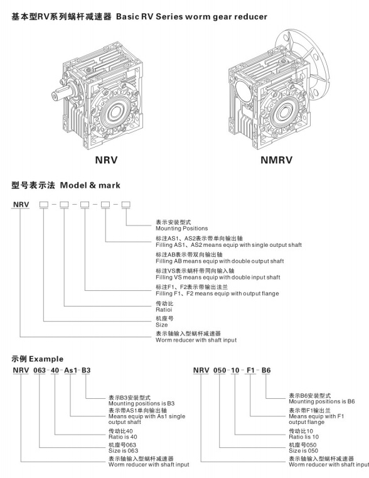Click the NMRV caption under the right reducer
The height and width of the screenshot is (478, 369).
tap(277, 160)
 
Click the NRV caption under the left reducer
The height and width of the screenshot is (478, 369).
tap(106, 160)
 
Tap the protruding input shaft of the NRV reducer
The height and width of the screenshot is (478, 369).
tap(62, 92)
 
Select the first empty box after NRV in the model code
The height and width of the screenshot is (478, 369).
tap(44, 205)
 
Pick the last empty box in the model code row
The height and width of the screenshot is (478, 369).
tap(126, 205)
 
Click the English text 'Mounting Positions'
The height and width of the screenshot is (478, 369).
tap(182, 229)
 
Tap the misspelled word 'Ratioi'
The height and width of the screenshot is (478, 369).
tap(164, 310)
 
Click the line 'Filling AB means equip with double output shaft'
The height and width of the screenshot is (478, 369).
tap(220, 261)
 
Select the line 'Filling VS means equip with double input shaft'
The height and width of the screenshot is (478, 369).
tap(218, 277)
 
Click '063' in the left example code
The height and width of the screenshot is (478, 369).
tap(40, 370)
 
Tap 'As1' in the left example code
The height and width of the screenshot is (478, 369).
tap(70, 370)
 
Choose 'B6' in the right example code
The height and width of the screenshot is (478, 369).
tap(266, 370)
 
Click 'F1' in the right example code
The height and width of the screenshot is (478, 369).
tap(250, 370)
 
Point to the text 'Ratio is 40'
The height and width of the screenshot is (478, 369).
tap(123, 437)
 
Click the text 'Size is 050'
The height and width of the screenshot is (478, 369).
tap(303, 450)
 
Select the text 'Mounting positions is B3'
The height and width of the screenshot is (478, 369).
tap(142, 403)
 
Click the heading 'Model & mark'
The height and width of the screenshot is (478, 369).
tap(90, 185)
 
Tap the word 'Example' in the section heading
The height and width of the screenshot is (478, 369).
tap(46, 359)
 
